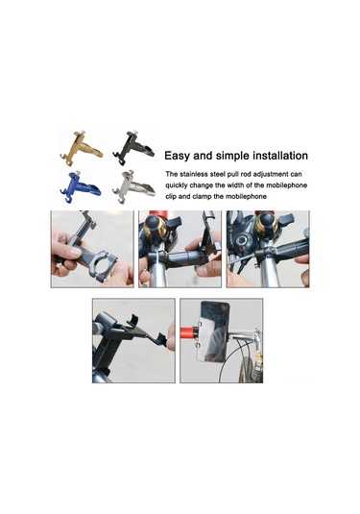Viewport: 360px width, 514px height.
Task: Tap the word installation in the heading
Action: click(274, 155)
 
